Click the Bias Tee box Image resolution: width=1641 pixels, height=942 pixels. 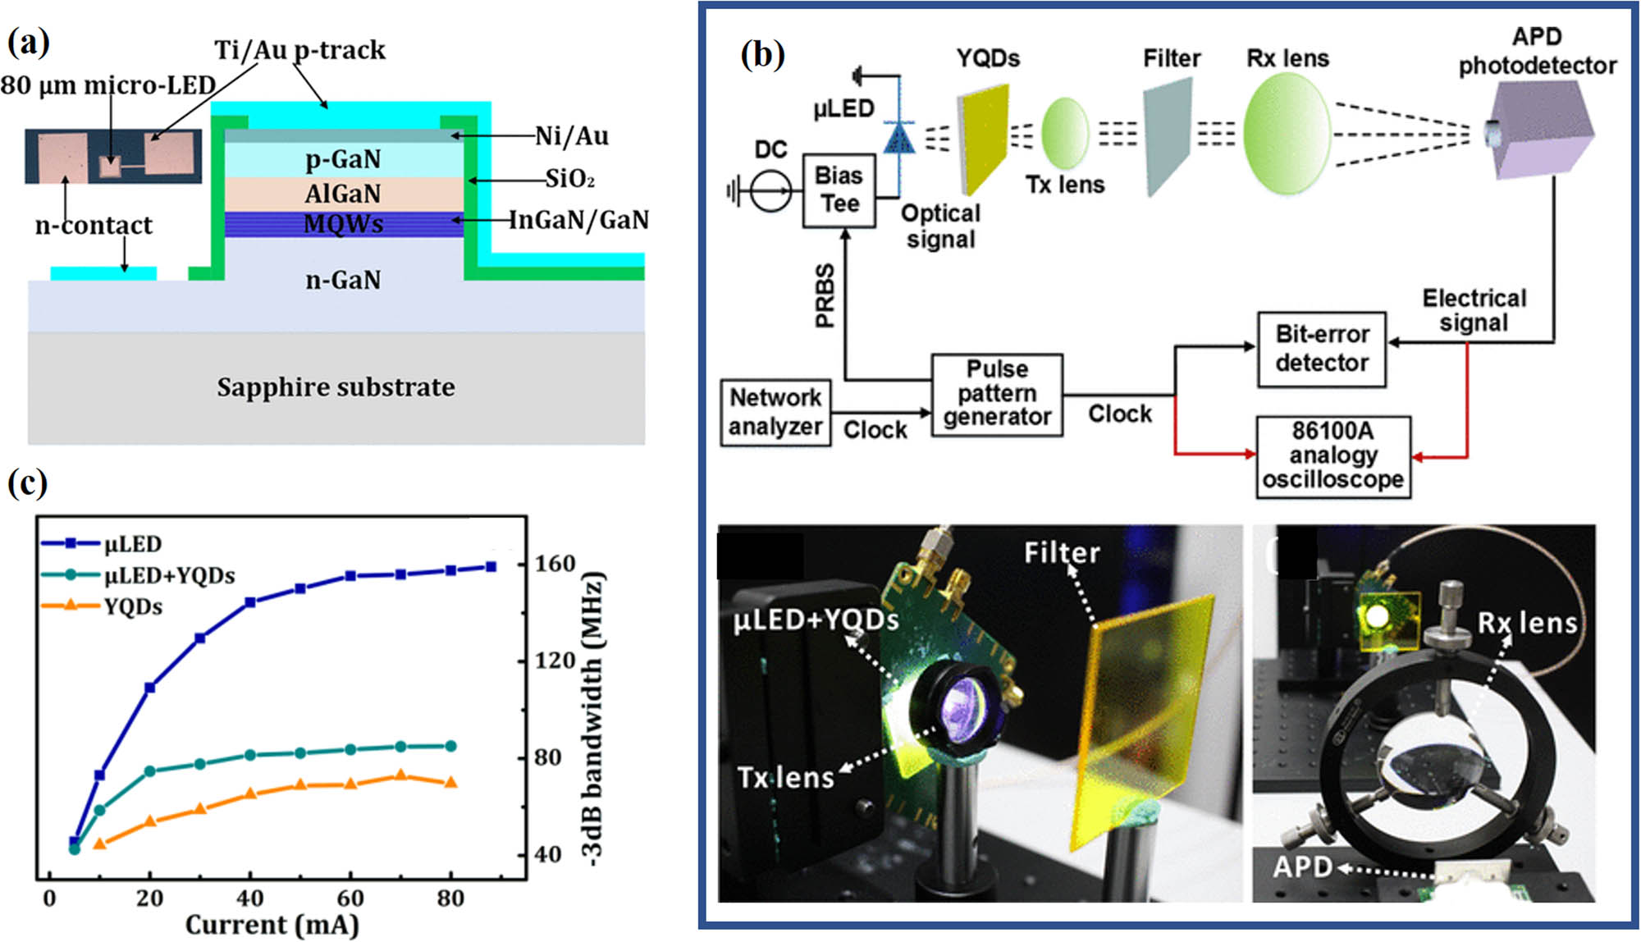[x=839, y=190]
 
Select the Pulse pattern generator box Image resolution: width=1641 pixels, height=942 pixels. [x=997, y=394]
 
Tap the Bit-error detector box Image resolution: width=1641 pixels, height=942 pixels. [x=1321, y=350]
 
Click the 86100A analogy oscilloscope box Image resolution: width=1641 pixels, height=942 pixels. [x=1332, y=456]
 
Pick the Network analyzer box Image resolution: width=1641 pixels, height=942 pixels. [x=775, y=412]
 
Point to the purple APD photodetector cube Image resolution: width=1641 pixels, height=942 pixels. [x=1541, y=131]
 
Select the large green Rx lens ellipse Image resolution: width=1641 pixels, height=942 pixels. [x=1286, y=133]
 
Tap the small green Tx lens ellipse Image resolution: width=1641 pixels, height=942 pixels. [x=1065, y=133]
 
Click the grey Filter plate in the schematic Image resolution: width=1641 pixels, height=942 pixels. [x=1168, y=136]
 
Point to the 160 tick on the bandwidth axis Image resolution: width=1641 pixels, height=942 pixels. [x=555, y=564]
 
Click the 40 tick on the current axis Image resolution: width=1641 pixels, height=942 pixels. [x=250, y=899]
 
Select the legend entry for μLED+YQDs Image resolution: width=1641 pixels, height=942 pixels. [x=169, y=575]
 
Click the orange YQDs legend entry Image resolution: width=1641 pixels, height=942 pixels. [x=132, y=607]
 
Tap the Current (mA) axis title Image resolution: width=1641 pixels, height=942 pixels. [x=272, y=925]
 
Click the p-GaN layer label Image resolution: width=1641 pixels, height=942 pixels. [x=343, y=158]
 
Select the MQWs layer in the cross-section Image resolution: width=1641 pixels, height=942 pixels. [x=343, y=224]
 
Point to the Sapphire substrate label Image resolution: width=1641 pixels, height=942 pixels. [x=336, y=387]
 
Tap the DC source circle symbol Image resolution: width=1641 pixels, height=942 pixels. [x=770, y=192]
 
